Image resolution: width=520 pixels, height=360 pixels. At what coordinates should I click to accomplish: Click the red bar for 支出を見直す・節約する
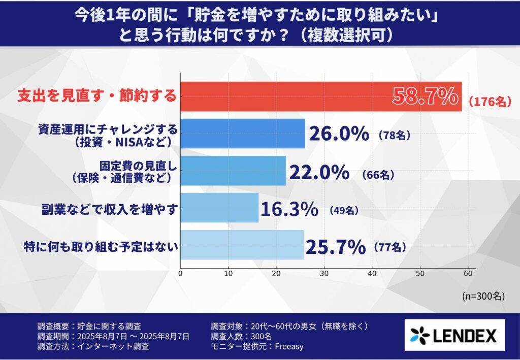(284, 96)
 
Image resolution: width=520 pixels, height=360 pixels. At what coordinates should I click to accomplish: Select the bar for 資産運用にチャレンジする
(243, 134)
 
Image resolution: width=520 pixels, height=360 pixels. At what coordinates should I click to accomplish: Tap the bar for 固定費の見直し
(233, 171)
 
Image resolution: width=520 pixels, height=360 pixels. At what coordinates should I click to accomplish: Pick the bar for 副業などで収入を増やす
(219, 208)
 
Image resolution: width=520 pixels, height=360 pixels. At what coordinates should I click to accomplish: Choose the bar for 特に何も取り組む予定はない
(242, 245)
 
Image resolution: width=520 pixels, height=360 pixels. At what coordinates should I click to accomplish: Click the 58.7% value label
(426, 96)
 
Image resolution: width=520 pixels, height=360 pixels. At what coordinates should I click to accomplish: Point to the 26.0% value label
(339, 135)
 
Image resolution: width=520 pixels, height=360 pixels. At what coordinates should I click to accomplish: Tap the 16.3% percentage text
(289, 209)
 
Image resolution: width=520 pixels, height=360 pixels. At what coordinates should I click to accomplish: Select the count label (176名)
(487, 102)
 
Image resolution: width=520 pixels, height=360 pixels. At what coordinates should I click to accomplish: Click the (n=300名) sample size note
(483, 296)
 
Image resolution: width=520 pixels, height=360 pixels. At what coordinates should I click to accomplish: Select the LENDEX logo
(453, 335)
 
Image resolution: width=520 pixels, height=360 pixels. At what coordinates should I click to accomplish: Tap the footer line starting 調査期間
(113, 336)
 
